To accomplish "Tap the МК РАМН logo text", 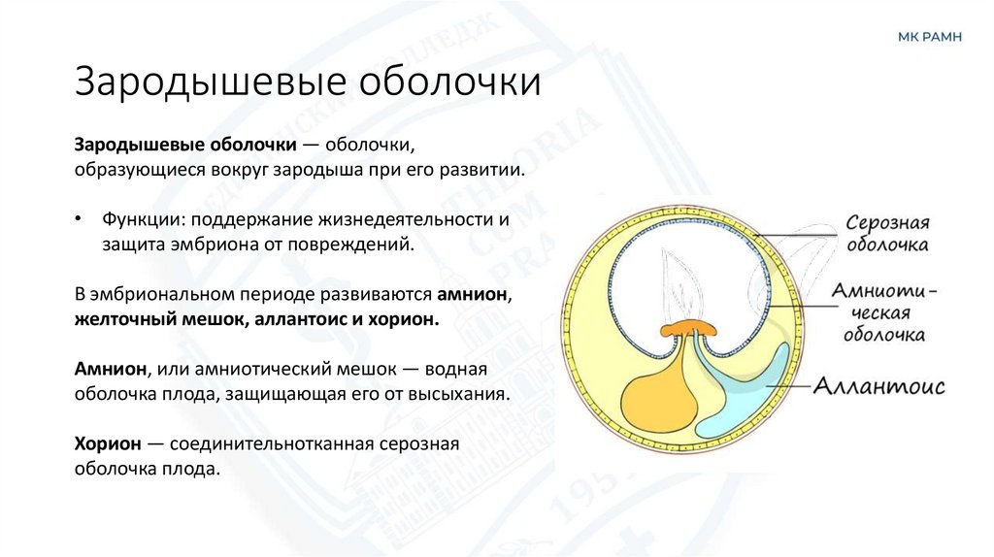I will (930, 37).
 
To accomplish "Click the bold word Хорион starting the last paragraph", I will (106, 444).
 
